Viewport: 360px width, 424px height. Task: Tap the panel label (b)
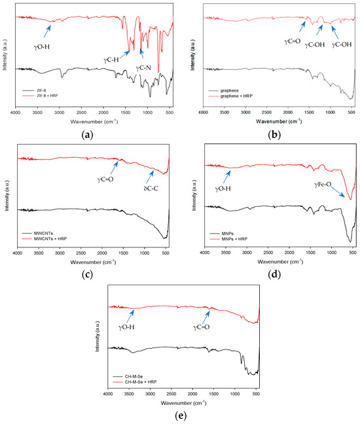pos(275,132)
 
